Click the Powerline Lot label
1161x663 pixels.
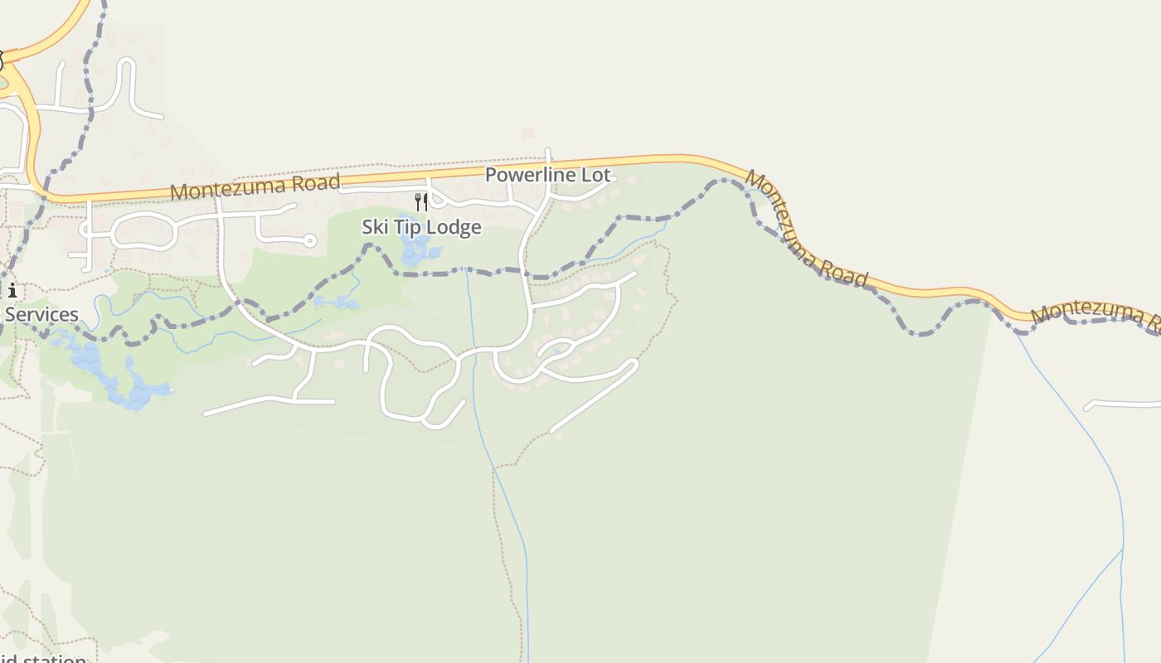pos(547,175)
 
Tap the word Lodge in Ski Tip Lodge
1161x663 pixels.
pos(454,227)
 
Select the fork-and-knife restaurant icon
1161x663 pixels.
pos(421,201)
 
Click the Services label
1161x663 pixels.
pos(41,314)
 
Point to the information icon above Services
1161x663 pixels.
pos(12,290)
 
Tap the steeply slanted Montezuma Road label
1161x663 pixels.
pos(806,229)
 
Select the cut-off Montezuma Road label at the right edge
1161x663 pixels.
pos(1095,314)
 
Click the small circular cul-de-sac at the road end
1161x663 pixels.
pos(310,241)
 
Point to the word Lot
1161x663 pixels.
pos(595,175)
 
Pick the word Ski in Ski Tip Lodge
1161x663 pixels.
pos(375,227)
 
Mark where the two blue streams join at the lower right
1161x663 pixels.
pos(1123,549)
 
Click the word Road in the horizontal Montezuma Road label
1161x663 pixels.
pos(312,183)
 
